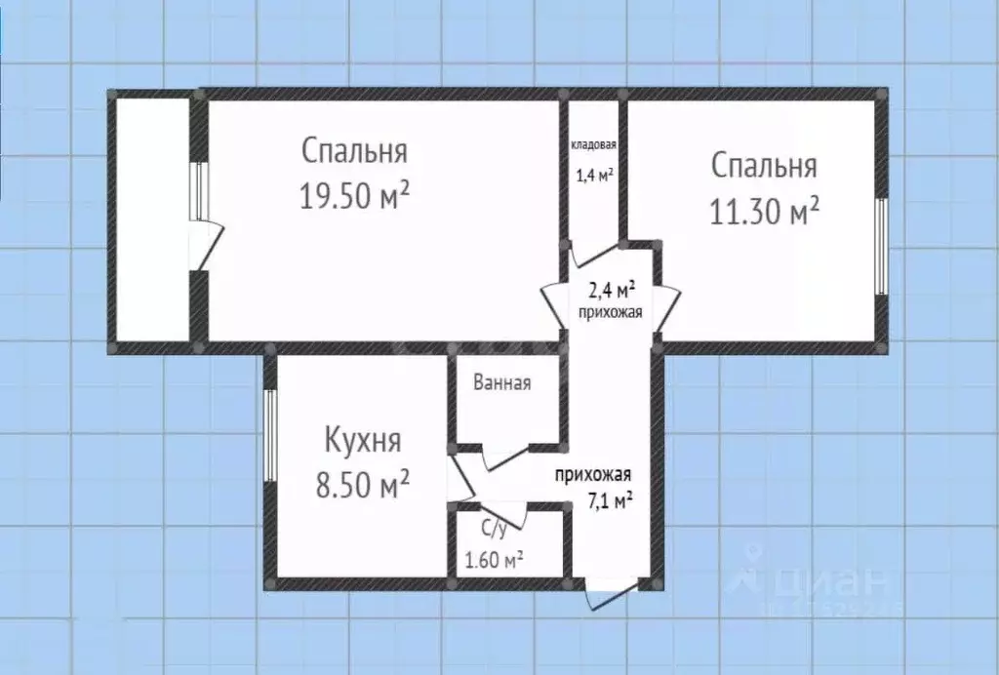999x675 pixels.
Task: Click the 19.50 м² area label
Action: click(x=354, y=196)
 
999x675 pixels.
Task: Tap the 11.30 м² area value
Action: click(x=764, y=210)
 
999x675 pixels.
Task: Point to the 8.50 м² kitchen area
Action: click(x=363, y=484)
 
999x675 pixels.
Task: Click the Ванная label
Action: click(x=501, y=382)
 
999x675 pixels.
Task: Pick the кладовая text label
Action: click(x=593, y=145)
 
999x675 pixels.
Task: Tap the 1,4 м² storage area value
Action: click(x=593, y=176)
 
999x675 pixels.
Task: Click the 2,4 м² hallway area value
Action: click(x=612, y=290)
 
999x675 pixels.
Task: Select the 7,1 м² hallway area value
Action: click(x=611, y=500)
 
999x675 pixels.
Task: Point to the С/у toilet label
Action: click(x=495, y=530)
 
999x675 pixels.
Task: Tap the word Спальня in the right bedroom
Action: click(x=764, y=165)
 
